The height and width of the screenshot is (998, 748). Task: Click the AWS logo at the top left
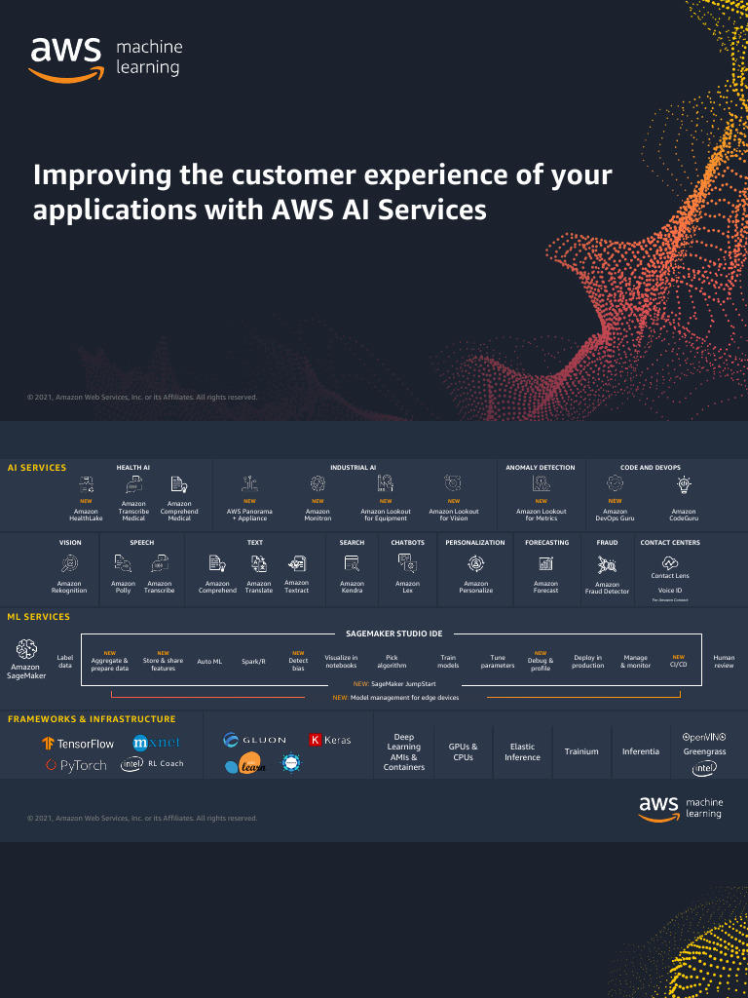[66, 58]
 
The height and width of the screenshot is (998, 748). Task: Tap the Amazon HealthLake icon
[86, 483]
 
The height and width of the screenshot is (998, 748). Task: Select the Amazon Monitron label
[318, 515]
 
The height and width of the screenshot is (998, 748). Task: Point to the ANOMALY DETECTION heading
[541, 468]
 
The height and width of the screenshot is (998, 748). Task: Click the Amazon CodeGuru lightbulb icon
[684, 483]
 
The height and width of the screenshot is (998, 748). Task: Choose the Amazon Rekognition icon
[69, 562]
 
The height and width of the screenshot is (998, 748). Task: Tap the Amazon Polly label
[123, 587]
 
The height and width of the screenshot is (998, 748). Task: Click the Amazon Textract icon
[296, 562]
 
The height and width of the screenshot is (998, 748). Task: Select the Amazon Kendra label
[352, 587]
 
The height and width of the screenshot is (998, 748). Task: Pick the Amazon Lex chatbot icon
[407, 562]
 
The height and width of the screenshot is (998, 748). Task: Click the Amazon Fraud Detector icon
[607, 563]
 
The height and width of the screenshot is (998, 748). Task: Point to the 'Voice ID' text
[669, 591]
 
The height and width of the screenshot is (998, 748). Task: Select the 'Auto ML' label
[209, 662]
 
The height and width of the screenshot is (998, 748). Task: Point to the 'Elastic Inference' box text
[522, 751]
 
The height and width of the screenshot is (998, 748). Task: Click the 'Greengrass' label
[703, 752]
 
